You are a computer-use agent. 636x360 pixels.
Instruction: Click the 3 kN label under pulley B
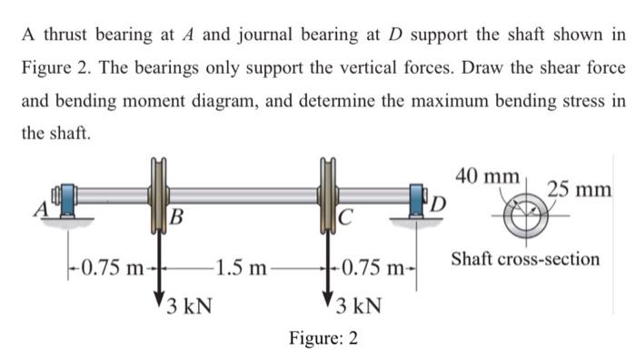[189, 304]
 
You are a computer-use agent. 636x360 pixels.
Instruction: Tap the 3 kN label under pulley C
[358, 304]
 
